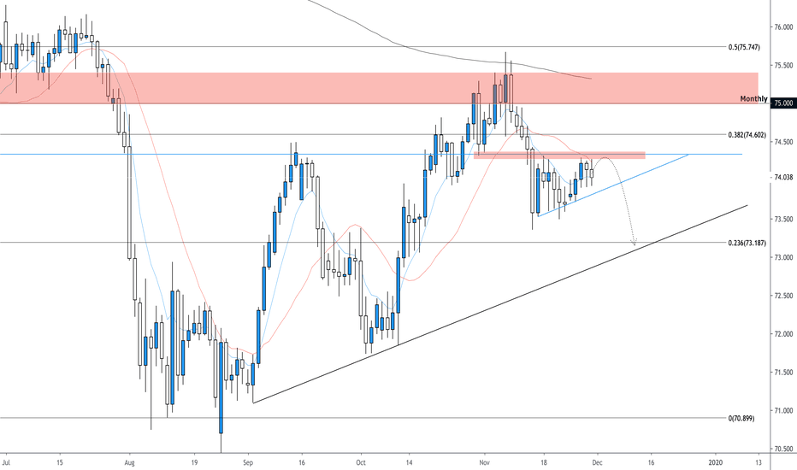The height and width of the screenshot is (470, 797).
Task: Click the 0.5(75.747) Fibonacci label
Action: (x=741, y=48)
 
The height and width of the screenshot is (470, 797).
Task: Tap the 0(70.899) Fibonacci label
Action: (x=741, y=419)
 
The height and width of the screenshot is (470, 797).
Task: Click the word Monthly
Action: (x=753, y=99)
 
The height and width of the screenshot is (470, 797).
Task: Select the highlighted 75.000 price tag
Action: (x=782, y=103)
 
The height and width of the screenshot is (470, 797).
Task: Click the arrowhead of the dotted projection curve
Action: (x=634, y=244)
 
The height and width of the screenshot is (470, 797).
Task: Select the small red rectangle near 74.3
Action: (x=559, y=155)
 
